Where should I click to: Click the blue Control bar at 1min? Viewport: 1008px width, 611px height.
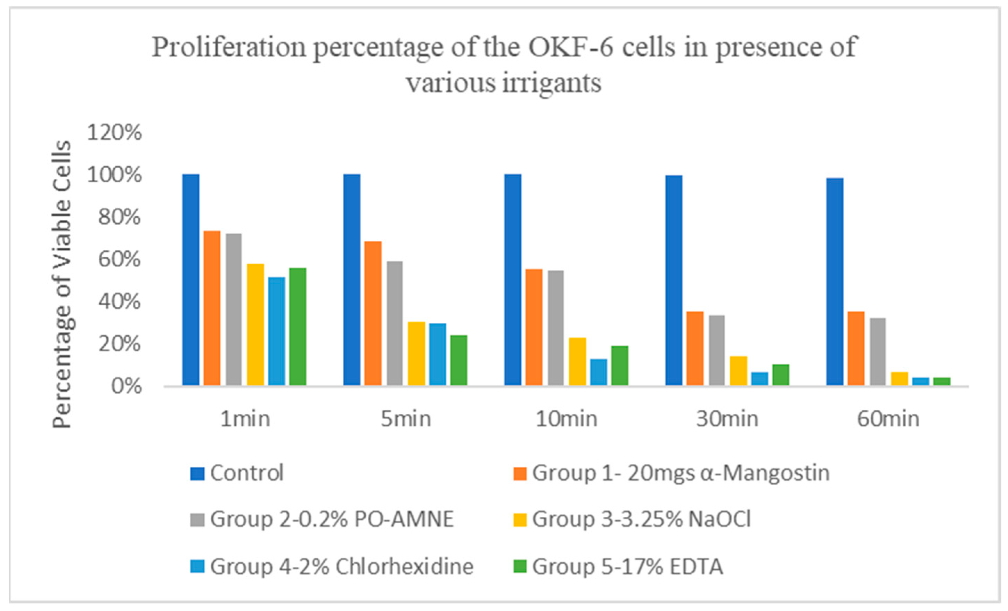tap(190, 280)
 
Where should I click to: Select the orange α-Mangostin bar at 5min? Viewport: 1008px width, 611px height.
tap(373, 313)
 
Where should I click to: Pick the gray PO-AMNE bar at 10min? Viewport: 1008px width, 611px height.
tap(555, 328)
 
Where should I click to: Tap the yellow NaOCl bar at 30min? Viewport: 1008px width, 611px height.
tap(738, 371)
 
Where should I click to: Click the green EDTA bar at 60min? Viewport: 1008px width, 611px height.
tap(942, 381)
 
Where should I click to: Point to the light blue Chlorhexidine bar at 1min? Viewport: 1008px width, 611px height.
tap(277, 331)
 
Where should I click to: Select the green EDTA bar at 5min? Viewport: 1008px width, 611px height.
tap(458, 360)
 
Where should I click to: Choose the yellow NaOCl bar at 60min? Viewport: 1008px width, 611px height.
tap(900, 379)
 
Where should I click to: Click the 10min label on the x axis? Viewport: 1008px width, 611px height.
tap(567, 419)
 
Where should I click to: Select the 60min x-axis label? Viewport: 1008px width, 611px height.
tap(888, 419)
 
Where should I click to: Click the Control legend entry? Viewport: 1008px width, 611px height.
tap(237, 473)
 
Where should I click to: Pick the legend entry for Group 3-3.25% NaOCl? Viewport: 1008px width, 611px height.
tap(632, 519)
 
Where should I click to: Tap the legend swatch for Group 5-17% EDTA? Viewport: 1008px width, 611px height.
tap(520, 566)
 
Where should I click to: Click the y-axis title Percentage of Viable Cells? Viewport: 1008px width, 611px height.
tap(62, 284)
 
